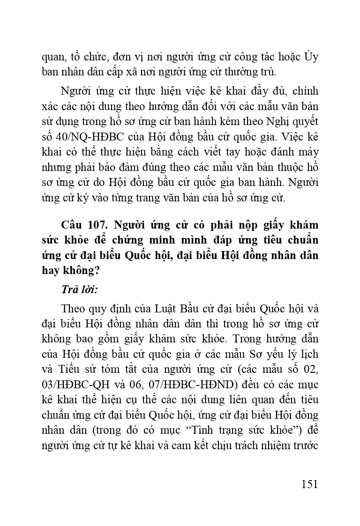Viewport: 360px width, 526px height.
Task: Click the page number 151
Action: pyautogui.click(x=307, y=484)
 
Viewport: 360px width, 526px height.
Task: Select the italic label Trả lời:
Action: pyautogui.click(x=79, y=289)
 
